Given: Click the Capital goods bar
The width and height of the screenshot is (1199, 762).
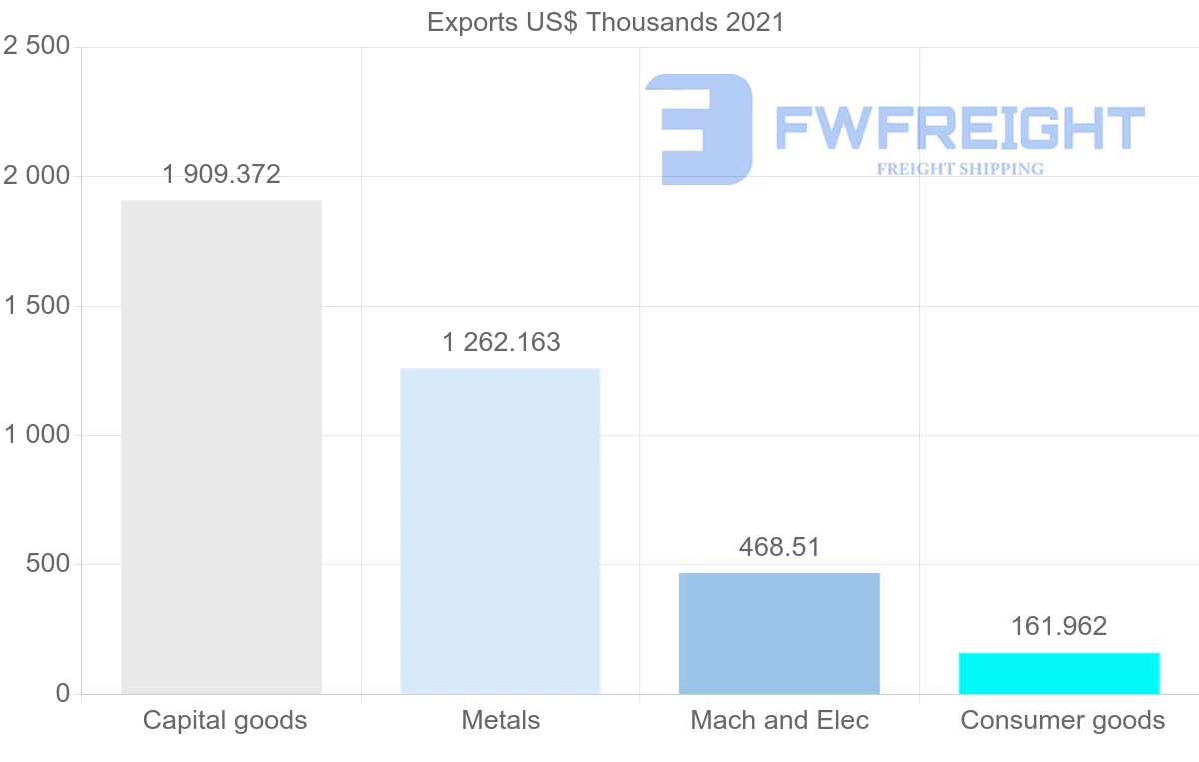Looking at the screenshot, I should coord(221,446).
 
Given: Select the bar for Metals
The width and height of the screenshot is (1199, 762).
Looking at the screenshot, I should coord(500,530).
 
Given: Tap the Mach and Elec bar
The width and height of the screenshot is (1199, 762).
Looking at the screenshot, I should coord(779,633).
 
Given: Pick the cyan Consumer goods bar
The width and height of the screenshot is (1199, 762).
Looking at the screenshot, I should coord(1059,673).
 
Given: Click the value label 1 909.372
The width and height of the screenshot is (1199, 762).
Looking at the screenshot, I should coord(221,175).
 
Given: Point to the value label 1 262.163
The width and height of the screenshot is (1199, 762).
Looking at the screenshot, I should coord(501,342).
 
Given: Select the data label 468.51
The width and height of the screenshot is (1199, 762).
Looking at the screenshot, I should coord(779,547).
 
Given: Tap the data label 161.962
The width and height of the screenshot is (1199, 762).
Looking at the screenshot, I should coord(1059,626).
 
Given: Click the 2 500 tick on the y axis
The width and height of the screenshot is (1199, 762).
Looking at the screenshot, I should coord(37,47).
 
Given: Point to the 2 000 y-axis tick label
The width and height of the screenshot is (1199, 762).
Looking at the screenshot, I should coord(37,176).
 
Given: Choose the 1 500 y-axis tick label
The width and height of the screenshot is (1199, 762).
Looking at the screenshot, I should coord(37,306).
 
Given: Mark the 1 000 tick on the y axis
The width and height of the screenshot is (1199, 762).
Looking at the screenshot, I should coord(37,435).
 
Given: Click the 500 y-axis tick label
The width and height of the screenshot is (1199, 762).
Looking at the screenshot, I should coord(48,564).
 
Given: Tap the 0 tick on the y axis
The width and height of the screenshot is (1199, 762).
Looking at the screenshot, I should coord(62,694).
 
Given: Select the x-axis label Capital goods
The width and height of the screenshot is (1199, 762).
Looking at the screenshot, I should coord(225,720).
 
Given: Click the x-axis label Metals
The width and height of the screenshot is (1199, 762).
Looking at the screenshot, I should coord(501,720).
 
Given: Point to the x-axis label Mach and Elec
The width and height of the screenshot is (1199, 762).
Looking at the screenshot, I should coord(780,720).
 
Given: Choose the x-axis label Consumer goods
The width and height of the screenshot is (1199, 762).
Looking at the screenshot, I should coord(1063,720).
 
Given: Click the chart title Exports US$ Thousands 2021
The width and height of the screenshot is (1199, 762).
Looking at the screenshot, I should coord(605,22).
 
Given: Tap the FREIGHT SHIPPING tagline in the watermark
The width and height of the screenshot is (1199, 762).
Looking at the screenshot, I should coord(960,169).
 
